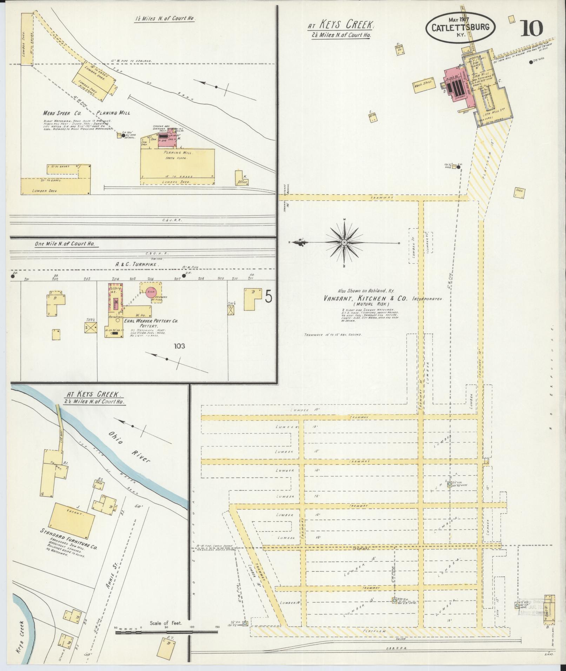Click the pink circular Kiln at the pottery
pos(151,292)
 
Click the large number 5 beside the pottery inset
pos(268,298)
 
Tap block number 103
pos(179,347)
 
